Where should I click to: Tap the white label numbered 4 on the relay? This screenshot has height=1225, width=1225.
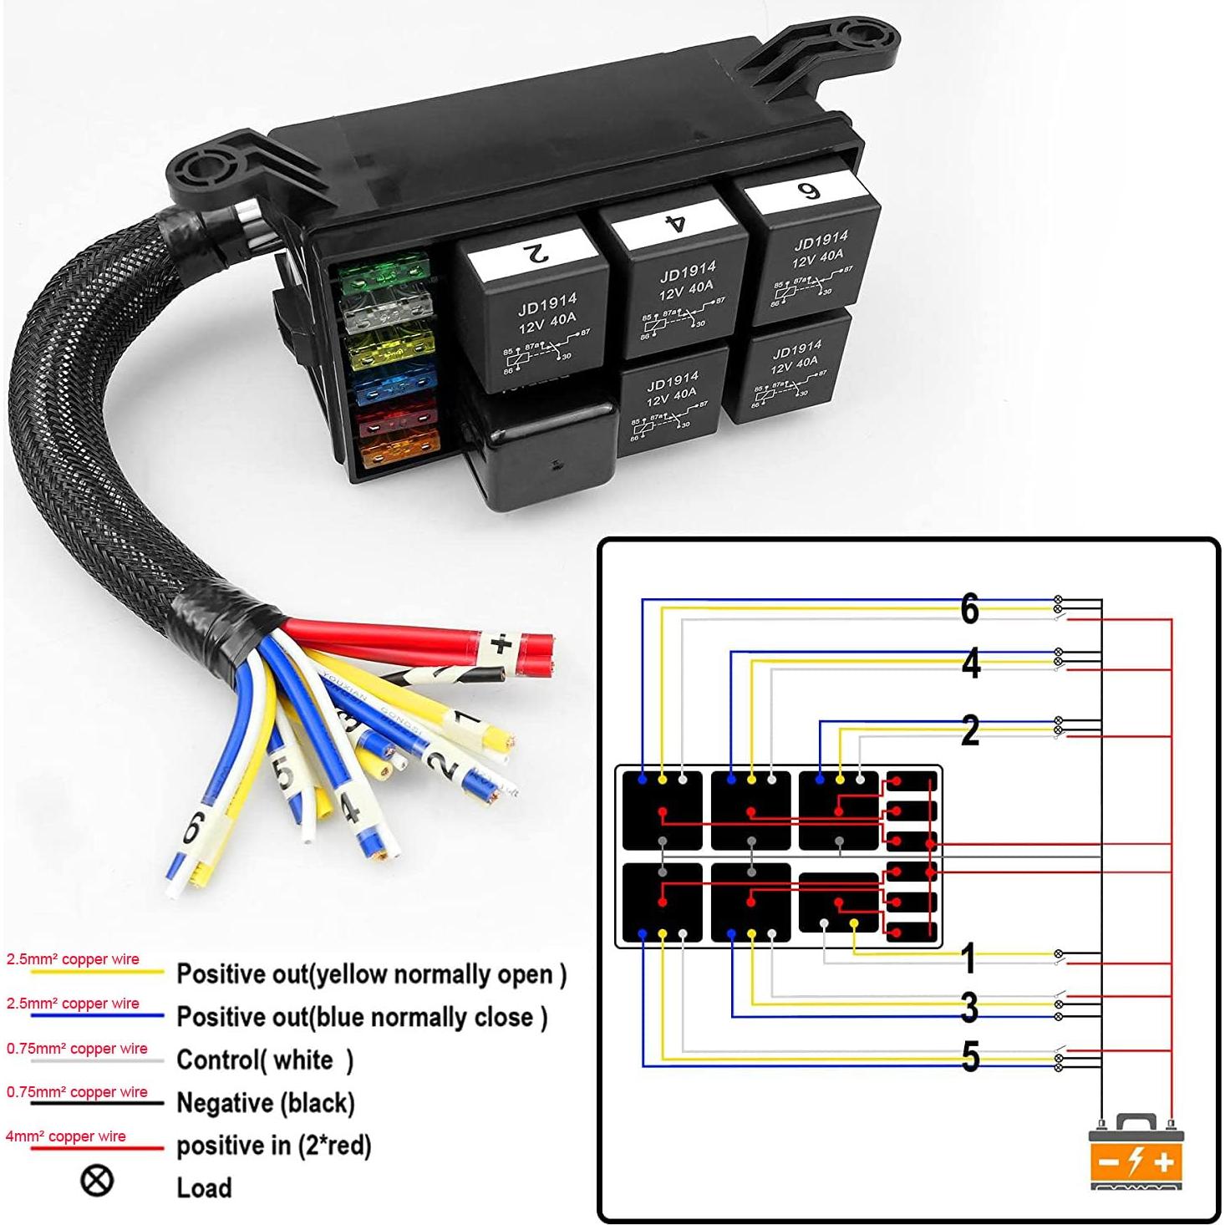tap(673, 222)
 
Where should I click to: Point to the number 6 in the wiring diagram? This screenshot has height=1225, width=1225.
tap(969, 608)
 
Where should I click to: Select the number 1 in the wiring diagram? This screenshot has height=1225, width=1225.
tap(968, 958)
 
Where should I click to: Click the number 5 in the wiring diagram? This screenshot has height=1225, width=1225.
tap(970, 1057)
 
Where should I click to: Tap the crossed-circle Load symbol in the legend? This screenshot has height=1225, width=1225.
tap(97, 1180)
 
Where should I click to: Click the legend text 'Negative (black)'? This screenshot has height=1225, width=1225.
tap(266, 1103)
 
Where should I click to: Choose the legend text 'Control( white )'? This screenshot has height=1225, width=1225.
tap(265, 1060)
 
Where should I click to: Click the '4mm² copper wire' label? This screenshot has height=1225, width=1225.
tap(65, 1136)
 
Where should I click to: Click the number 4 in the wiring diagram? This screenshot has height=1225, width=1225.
tap(970, 663)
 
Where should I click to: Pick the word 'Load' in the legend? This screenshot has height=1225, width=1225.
tap(204, 1187)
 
